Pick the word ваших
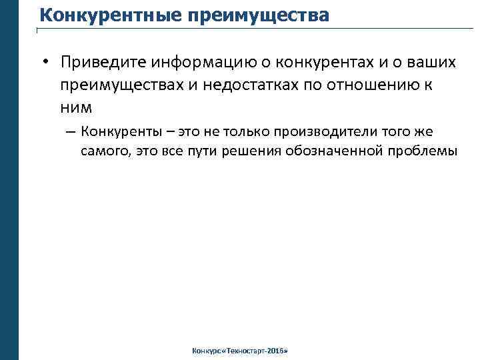(x=430, y=63)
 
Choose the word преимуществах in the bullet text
(x=126, y=85)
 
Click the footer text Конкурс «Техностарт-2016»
(x=239, y=350)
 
